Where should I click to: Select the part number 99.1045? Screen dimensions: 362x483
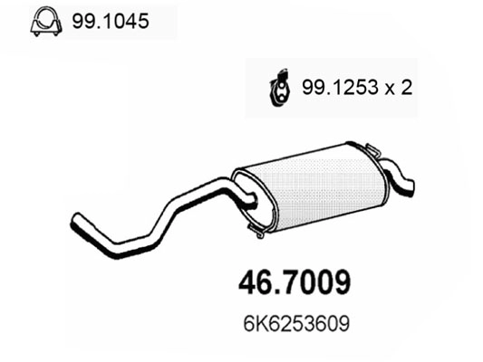point(108,19)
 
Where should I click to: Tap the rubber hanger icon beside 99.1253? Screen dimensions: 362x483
point(282,86)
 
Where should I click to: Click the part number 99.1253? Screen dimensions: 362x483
point(339,87)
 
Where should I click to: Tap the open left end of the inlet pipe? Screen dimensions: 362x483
point(73,221)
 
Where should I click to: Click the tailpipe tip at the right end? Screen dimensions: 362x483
point(410,186)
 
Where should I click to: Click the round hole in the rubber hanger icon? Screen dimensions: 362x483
point(282,89)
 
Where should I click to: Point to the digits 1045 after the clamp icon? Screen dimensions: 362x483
point(121,19)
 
